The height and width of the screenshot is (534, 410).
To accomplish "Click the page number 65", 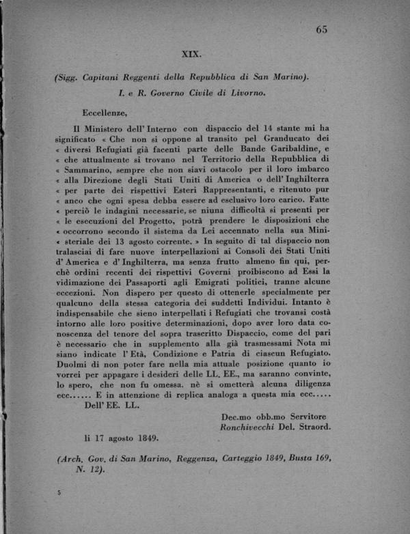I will click(x=322, y=29).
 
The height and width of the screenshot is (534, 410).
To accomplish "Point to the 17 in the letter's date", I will click(x=100, y=438).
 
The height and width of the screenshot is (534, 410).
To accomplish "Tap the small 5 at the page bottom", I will click(x=60, y=492).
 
